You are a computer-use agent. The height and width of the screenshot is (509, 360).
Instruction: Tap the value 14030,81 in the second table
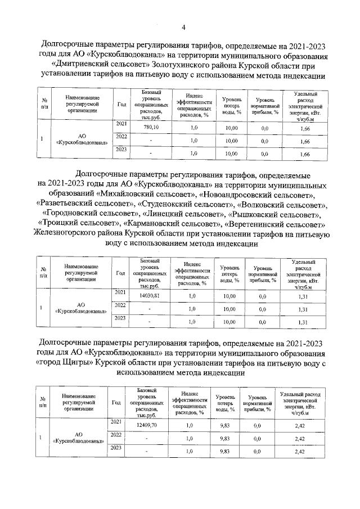(150, 295)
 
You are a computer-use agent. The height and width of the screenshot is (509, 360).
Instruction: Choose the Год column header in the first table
(121, 104)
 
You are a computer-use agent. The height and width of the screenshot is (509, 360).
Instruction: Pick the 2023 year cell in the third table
(116, 448)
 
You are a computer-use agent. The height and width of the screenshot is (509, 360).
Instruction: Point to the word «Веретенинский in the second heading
(258, 224)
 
